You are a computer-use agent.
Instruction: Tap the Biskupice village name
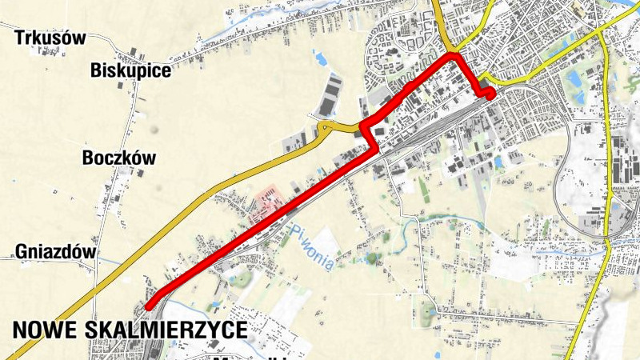tap(131, 70)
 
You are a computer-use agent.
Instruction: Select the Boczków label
tap(118, 158)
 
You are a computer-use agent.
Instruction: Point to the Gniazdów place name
tap(55, 253)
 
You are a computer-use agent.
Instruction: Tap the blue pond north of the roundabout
tap(321, 58)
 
